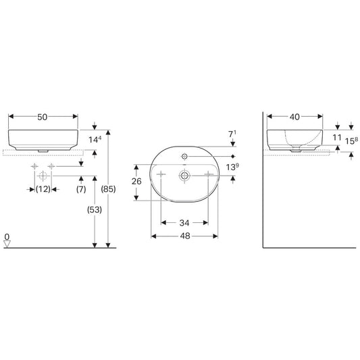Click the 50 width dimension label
43,117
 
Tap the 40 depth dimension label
294,117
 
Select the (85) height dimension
108,189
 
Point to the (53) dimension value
95,209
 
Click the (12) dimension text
43,189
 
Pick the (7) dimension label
81,189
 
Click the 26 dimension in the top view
136,182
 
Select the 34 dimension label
184,223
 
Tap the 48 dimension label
185,236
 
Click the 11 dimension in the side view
337,138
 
